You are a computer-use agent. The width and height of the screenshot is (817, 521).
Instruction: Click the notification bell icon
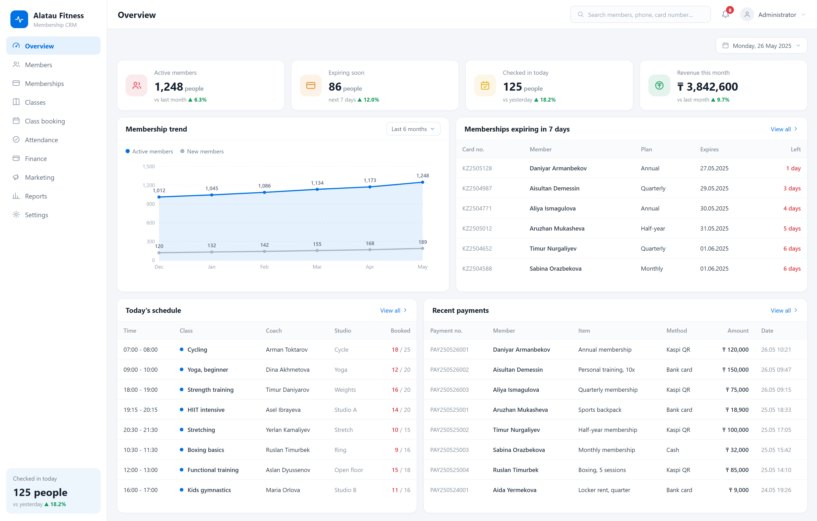[x=725, y=15]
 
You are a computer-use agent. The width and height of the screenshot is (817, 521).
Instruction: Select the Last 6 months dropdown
[x=413, y=129]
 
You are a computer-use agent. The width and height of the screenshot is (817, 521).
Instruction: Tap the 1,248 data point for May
[x=422, y=182]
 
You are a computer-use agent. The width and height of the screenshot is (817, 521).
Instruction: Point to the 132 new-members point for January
[x=212, y=252]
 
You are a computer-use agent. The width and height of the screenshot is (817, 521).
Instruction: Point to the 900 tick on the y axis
[x=151, y=204]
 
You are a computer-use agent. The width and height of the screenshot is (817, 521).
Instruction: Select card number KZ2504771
[x=477, y=208]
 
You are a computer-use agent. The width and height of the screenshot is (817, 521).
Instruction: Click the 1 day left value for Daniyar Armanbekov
[x=793, y=168]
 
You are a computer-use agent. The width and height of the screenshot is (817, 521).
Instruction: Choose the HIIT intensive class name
[x=206, y=410]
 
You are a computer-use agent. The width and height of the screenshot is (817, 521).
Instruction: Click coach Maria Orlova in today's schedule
[x=283, y=490]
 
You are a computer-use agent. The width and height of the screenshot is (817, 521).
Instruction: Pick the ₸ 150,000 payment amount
[x=735, y=369]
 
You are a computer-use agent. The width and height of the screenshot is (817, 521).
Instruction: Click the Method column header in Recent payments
[x=677, y=330]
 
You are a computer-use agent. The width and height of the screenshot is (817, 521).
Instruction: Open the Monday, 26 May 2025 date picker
[x=761, y=45]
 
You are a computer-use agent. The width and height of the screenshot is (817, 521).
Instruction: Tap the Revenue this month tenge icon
[x=659, y=85]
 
